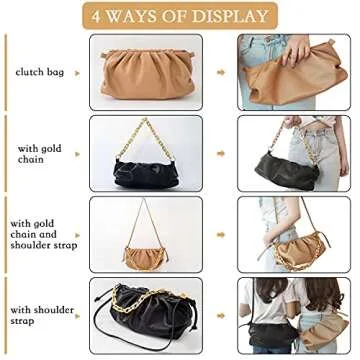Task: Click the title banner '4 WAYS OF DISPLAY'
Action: click(179, 16)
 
